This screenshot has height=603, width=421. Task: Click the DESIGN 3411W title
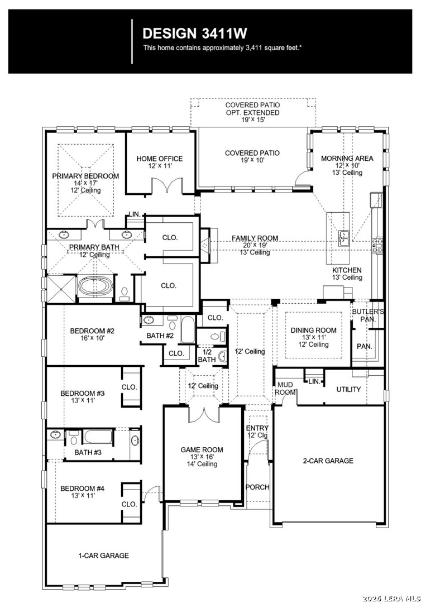tap(194, 33)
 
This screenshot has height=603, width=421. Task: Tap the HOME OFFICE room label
tap(160, 159)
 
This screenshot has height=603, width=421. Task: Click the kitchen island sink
tap(343, 238)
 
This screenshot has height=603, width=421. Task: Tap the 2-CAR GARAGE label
tap(328, 460)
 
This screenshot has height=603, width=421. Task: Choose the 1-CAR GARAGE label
tap(103, 556)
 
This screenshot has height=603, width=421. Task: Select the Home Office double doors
tap(168, 185)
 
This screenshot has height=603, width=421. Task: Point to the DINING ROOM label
tap(313, 330)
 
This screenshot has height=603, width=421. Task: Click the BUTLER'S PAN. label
tap(368, 315)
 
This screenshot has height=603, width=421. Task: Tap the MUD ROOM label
tap(285, 389)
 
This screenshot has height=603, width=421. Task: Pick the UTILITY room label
tap(348, 389)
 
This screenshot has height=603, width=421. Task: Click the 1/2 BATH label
tap(207, 356)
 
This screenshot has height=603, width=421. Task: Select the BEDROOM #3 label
tap(83, 393)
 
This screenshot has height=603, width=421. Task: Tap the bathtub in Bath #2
tap(188, 329)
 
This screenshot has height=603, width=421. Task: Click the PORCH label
tap(257, 487)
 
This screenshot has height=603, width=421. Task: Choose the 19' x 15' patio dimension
tap(252, 119)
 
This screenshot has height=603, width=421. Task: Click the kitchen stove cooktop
tap(377, 246)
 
